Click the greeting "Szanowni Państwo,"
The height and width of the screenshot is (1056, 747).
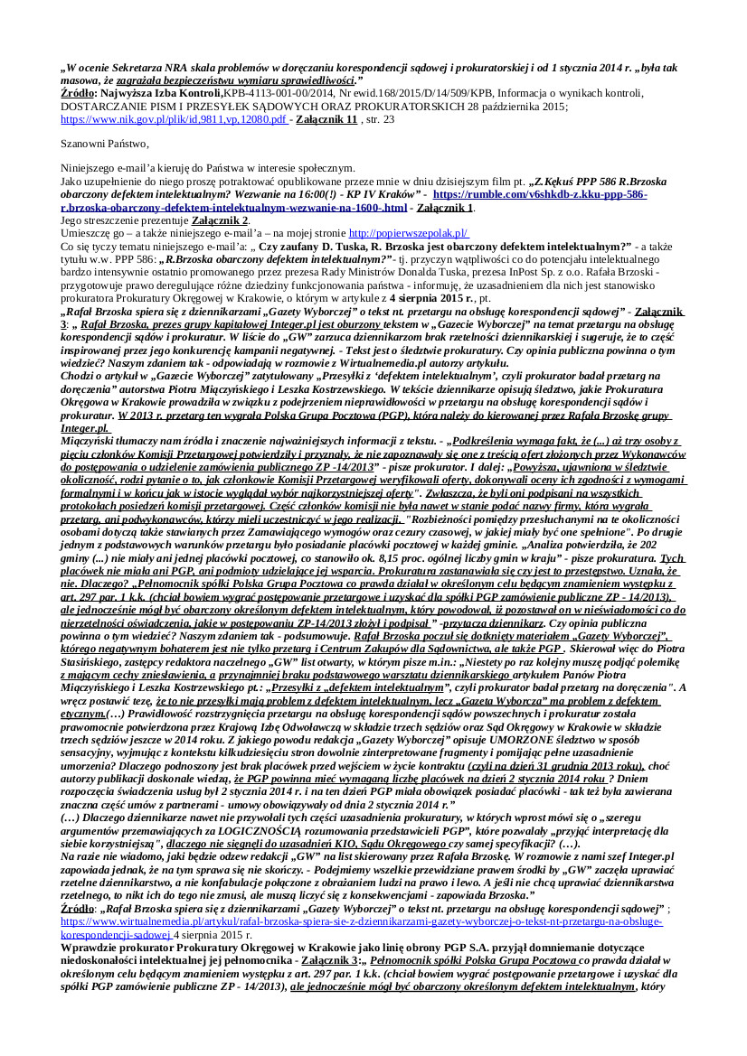(105, 144)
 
